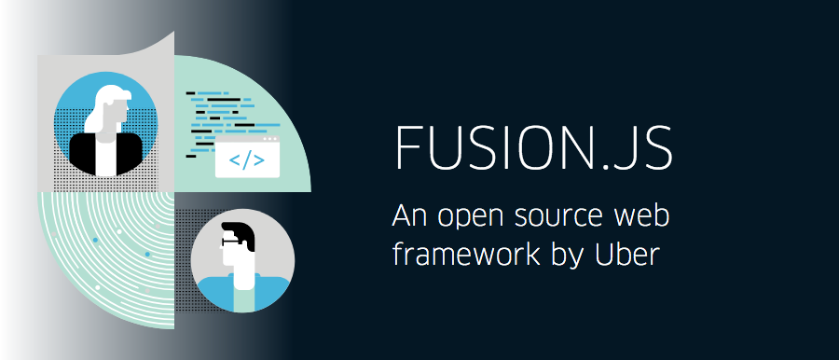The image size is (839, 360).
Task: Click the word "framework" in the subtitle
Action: pyautogui.click(x=456, y=254)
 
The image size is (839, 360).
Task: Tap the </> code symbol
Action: pyautogui.click(x=246, y=159)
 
